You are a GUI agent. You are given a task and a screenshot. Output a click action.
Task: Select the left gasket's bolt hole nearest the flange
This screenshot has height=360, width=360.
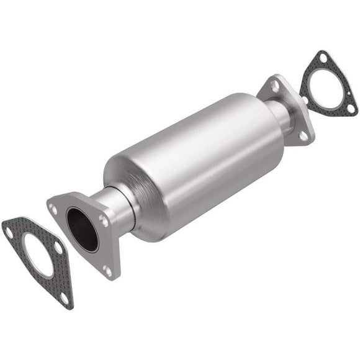tap(58, 248)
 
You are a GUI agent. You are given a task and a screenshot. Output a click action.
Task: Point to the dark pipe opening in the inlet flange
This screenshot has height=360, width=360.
tap(82, 229)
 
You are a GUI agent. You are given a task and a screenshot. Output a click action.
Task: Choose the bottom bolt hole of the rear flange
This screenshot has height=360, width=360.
tap(302, 135)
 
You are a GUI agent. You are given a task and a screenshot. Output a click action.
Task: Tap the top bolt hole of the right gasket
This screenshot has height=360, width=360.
tap(322, 58)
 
